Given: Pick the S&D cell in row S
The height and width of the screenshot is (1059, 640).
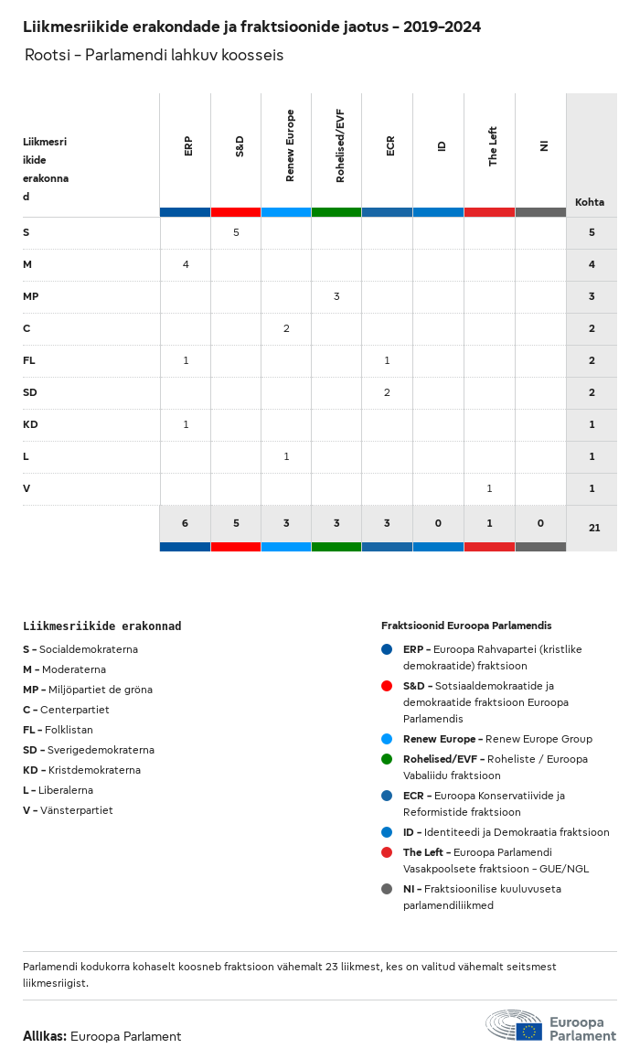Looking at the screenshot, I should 236,232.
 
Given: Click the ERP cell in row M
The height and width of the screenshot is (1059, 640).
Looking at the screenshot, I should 186,264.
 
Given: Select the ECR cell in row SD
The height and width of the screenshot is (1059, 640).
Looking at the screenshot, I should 387,392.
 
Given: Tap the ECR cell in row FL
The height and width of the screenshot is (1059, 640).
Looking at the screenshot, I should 387,360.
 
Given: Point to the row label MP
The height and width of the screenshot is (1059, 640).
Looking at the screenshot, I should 30,296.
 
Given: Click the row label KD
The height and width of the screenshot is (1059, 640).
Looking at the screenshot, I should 30,424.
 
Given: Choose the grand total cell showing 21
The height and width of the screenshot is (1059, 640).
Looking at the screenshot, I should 594,528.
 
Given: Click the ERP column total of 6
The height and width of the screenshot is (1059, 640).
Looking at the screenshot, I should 185,523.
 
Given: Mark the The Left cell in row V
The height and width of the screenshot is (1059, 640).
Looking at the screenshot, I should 489,488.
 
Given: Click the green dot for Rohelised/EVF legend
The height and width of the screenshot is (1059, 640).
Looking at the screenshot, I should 387,759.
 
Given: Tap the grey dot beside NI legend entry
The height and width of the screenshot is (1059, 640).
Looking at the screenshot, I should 387,889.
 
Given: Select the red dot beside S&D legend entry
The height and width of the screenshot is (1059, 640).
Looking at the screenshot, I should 387,686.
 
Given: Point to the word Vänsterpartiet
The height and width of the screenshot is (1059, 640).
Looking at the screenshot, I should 77,810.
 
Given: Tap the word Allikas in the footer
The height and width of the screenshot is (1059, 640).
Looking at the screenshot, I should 44,1036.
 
